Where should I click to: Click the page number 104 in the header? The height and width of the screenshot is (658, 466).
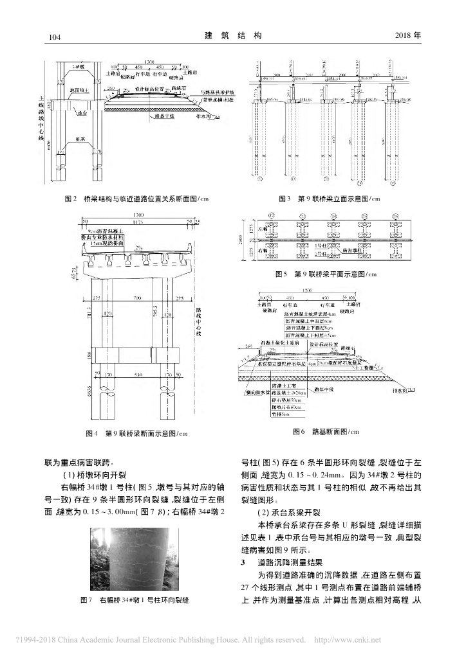(x=54, y=37)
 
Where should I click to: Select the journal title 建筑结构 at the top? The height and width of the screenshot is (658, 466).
(x=233, y=36)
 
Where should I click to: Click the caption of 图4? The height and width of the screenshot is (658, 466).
(x=136, y=434)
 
